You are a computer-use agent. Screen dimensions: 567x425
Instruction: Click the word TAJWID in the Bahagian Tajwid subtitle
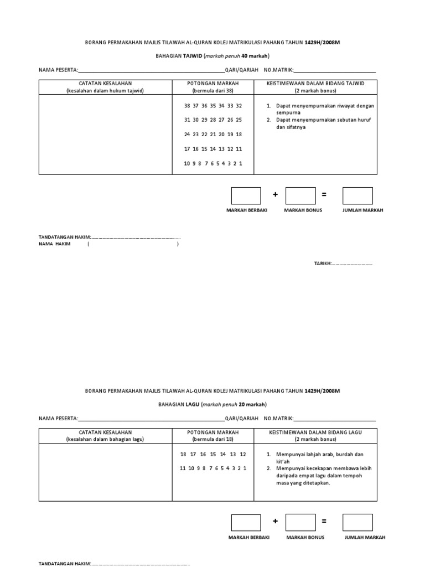(193, 56)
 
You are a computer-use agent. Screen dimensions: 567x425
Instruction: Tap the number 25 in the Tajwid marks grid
(239, 120)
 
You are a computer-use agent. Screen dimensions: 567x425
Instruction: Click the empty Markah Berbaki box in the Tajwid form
(246, 195)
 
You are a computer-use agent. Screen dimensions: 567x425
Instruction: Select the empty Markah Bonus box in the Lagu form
(301, 523)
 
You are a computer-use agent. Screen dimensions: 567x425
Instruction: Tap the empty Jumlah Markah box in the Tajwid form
(357, 195)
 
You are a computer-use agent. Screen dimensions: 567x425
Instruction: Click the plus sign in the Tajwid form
(275, 195)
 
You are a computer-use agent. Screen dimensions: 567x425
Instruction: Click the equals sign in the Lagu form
(324, 522)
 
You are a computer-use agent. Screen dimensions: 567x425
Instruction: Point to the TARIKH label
(323, 264)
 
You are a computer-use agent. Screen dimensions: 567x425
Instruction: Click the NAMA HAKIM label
(55, 244)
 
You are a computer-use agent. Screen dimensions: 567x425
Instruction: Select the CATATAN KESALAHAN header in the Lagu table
(105, 432)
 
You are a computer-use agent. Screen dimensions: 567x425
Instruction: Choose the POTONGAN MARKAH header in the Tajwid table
(213, 83)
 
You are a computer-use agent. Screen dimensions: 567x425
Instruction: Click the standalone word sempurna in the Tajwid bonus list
(288, 112)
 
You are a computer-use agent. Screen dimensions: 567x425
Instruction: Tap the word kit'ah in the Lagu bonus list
(283, 461)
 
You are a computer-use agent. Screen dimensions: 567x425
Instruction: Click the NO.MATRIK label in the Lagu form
(278, 419)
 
